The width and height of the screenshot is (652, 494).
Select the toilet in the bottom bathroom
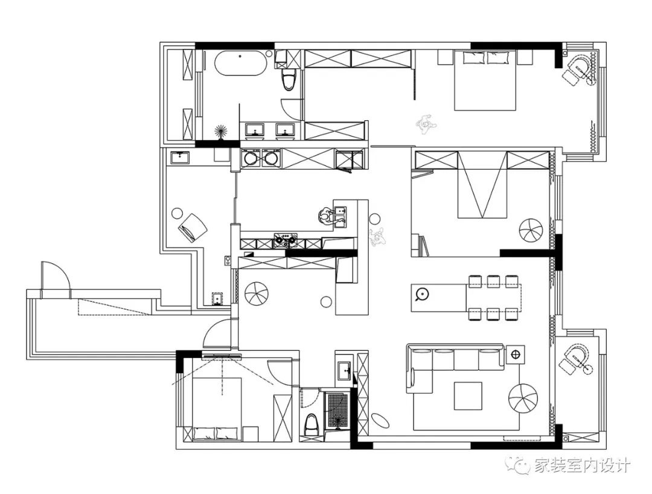311,425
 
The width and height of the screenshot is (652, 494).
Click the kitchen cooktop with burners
285,240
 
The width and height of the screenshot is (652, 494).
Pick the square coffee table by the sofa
468,396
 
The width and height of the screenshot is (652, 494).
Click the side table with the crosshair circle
515,354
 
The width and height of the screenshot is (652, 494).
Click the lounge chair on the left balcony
193,227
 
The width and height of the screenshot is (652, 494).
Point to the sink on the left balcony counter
180,158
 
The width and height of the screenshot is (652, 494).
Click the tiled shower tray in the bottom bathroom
337,409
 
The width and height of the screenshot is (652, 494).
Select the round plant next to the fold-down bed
531,230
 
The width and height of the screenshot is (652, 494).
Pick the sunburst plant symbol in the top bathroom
221,132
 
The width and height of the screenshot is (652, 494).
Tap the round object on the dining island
422,294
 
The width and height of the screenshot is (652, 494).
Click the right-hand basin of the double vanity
285,130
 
